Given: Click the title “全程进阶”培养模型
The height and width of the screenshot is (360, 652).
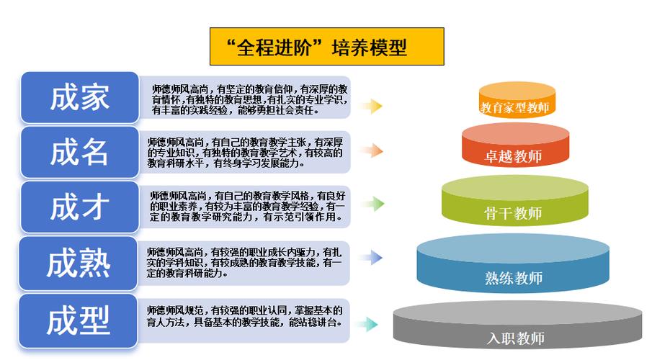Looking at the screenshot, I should tap(326, 48).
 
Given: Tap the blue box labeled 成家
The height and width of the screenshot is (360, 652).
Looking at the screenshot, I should tap(79, 98).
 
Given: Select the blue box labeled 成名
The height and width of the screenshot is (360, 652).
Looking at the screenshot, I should tap(79, 153).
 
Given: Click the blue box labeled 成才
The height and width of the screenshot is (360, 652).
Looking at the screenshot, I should tap(79, 207).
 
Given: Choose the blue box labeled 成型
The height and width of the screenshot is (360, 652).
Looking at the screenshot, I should tap(79, 320).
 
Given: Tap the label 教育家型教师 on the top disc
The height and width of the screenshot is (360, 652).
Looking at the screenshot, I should tap(514, 109).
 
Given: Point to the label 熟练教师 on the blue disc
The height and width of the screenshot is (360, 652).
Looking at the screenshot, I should tap(513, 278).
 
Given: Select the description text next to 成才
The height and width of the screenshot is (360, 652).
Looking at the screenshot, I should tap(247, 206).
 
